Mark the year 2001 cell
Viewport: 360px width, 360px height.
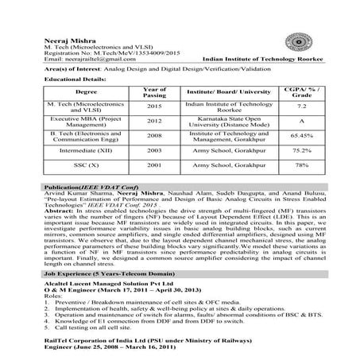pyautogui.click(x=153, y=165)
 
